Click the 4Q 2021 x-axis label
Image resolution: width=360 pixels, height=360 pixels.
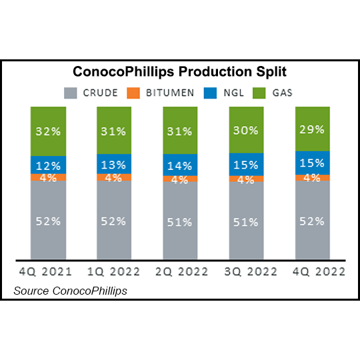point(48,271)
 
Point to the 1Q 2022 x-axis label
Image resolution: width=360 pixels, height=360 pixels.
point(114,271)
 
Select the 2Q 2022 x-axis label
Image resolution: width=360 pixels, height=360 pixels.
point(180,271)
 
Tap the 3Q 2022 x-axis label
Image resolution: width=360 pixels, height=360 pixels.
point(246,271)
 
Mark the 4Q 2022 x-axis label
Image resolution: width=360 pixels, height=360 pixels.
point(313,271)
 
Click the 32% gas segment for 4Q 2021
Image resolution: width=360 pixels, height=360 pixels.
point(48,131)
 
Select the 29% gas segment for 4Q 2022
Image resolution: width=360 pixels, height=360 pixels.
point(313,129)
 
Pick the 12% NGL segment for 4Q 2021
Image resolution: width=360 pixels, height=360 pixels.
point(48,165)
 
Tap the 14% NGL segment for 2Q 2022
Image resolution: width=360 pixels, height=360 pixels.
point(180,164)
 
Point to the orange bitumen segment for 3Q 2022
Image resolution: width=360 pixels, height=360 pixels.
point(246,178)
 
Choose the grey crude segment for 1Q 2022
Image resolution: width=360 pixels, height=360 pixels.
point(114,220)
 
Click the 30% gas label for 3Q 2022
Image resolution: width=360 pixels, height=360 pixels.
point(246,131)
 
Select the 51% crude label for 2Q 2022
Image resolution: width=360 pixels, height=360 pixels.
point(180,222)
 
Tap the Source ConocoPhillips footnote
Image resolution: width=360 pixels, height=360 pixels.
point(70,291)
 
